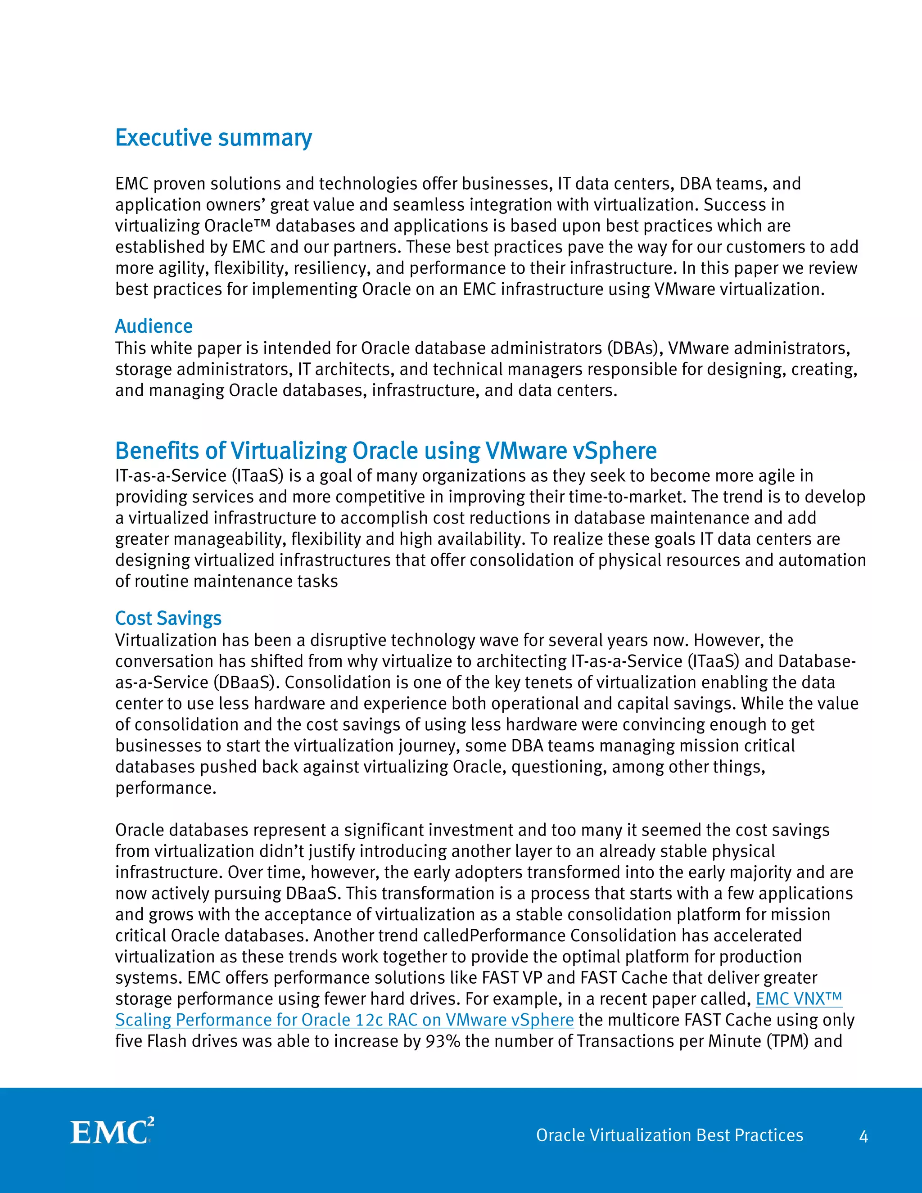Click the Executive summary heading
point(213,138)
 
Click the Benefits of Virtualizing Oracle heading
point(386,451)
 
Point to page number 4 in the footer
point(863,1137)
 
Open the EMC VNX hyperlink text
point(799,999)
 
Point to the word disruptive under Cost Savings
point(348,640)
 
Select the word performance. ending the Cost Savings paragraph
point(166,788)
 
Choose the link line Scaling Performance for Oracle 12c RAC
point(344,1020)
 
